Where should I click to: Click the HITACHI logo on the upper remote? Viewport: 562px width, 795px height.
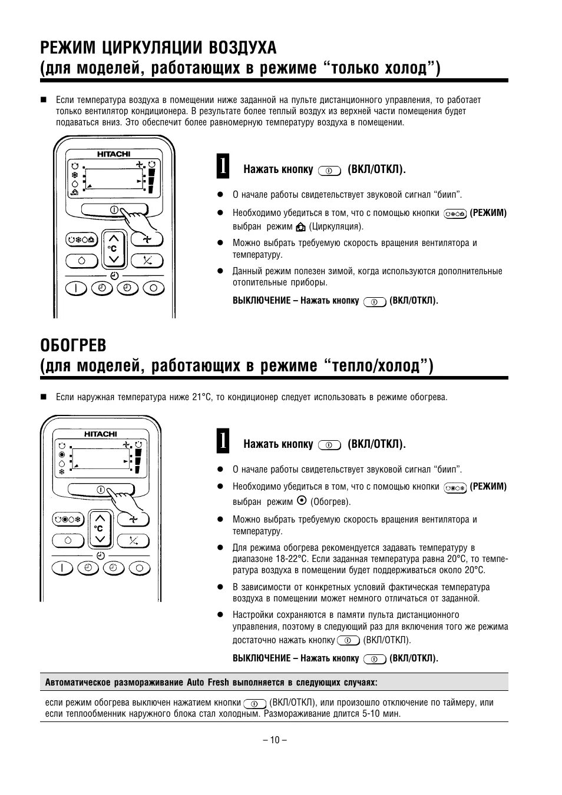114,154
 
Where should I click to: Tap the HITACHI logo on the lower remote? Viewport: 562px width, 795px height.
100,434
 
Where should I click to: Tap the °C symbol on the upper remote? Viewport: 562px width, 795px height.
113,248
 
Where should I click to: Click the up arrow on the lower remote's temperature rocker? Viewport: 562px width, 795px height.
100,518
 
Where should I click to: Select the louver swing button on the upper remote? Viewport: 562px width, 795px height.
147,260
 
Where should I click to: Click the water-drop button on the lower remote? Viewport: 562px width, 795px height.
68,540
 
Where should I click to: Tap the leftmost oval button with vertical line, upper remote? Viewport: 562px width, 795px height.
75,288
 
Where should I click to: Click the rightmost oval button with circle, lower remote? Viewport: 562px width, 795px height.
139,568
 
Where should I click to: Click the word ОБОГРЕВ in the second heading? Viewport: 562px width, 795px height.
73,344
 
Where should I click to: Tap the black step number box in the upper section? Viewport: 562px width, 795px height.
223,165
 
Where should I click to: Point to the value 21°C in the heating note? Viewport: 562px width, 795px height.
201,397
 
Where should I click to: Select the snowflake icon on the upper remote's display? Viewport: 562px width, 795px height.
75,175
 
